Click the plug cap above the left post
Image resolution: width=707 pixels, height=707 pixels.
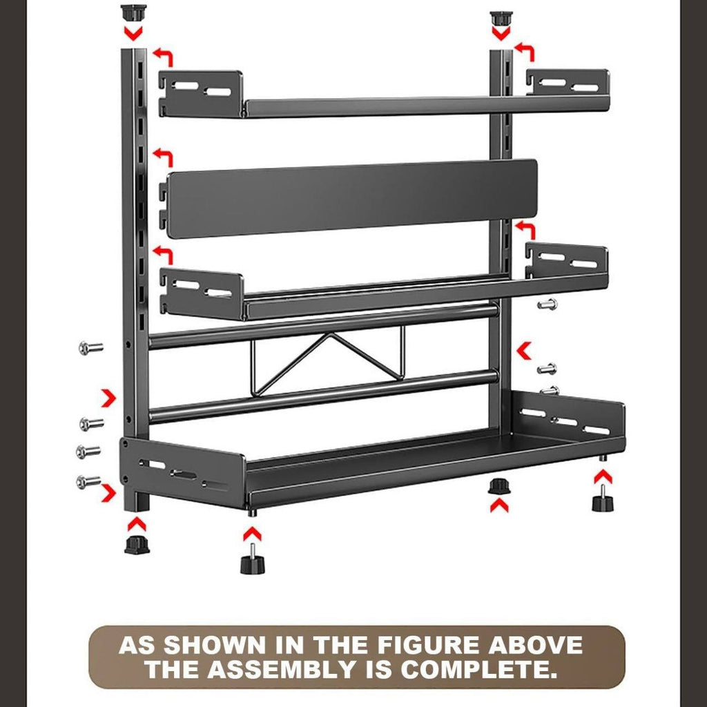click(x=134, y=12)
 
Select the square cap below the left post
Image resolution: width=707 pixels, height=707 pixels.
click(x=137, y=545)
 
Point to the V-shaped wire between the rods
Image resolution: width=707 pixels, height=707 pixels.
click(x=328, y=360)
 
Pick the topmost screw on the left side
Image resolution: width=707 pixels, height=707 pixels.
click(x=90, y=348)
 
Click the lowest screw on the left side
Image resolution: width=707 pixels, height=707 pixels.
click(x=88, y=481)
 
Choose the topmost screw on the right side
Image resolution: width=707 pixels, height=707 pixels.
click(x=548, y=304)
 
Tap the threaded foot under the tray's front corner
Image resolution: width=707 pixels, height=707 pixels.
click(x=251, y=559)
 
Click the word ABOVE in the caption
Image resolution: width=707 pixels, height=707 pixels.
click(x=535, y=646)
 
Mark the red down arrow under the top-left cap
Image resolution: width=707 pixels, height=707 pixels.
click(x=133, y=33)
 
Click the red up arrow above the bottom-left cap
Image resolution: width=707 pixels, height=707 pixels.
click(x=137, y=524)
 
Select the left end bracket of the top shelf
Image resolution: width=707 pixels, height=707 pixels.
click(x=200, y=93)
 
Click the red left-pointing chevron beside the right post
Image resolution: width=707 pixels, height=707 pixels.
click(x=524, y=351)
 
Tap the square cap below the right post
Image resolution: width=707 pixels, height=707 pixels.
click(x=498, y=487)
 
